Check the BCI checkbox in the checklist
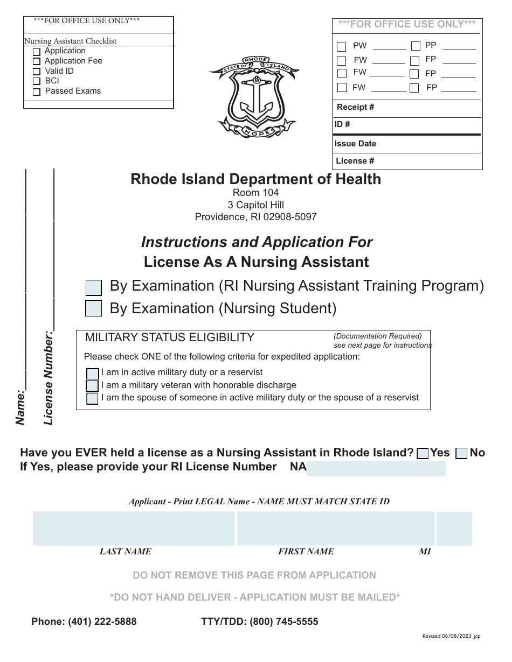pos(37,81)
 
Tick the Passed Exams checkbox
pos(37,92)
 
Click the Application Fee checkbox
pos(37,62)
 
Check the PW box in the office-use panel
pos(342,47)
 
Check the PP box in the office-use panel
pos(416,46)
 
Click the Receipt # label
pos(356,107)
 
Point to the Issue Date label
pos(355,144)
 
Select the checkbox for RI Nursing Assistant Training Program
pos(94,287)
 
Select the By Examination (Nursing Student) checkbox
pos(94,308)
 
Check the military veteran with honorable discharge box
pos(93,386)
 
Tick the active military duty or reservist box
pos(93,374)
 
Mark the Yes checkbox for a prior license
pos(423,453)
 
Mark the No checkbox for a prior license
pos(461,453)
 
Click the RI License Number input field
pos(376,468)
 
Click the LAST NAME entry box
pos(134,528)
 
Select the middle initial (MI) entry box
pos(454,528)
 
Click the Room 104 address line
pos(255,193)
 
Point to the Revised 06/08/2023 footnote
pos(451,636)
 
